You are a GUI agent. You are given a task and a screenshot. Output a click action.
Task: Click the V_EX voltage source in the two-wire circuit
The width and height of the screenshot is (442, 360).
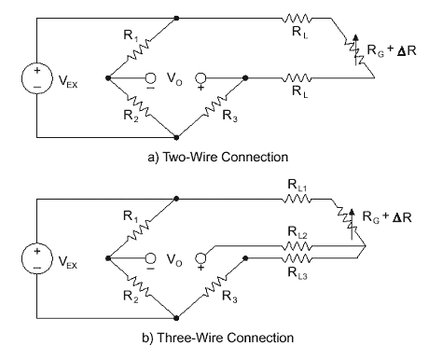pyautogui.click(x=37, y=77)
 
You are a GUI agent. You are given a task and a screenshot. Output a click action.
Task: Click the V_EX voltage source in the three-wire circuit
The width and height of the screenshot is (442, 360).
pyautogui.click(x=37, y=258)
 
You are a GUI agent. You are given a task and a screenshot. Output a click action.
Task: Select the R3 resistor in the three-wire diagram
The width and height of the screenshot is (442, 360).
pyautogui.click(x=215, y=289)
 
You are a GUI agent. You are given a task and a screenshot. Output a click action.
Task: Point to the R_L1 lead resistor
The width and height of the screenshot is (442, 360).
pyautogui.click(x=297, y=199)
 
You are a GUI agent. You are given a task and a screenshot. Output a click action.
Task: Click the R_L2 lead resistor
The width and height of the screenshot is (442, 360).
pyautogui.click(x=297, y=246)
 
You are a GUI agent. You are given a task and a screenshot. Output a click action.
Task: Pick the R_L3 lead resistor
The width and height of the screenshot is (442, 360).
pyautogui.click(x=297, y=258)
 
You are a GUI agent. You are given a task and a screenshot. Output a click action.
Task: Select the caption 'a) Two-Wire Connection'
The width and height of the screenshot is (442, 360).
pyautogui.click(x=218, y=157)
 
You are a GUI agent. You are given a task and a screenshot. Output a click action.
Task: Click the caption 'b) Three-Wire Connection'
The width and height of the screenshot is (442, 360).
pyautogui.click(x=218, y=338)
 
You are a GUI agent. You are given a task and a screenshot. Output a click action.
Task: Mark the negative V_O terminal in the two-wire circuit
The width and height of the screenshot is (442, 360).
pyautogui.click(x=151, y=77)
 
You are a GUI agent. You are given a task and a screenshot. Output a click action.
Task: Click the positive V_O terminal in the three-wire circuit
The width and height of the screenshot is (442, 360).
pyautogui.click(x=200, y=258)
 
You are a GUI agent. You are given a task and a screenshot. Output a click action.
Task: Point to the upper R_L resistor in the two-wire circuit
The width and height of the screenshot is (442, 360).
pyautogui.click(x=297, y=18)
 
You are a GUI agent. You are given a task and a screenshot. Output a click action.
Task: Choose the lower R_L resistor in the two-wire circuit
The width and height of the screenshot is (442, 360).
pyautogui.click(x=297, y=77)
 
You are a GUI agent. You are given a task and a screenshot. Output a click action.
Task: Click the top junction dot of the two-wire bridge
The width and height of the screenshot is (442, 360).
pyautogui.click(x=176, y=18)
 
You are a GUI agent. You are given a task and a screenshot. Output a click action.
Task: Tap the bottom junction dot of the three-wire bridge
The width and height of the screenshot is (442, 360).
pyautogui.click(x=176, y=318)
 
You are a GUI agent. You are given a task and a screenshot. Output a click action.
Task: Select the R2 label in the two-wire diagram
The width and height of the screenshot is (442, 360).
pyautogui.click(x=131, y=116)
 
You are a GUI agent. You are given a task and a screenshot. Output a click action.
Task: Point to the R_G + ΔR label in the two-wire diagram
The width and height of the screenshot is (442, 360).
pyautogui.click(x=392, y=50)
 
